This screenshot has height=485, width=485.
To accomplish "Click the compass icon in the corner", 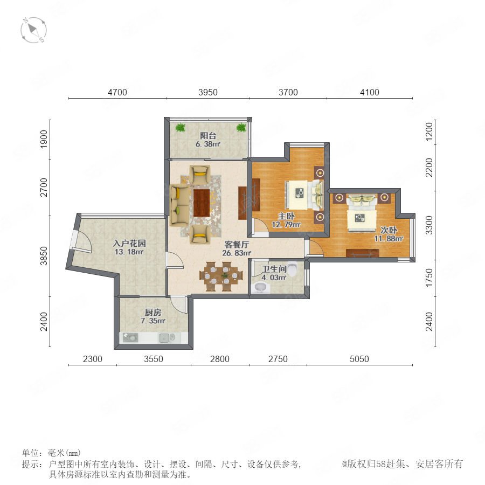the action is (x=34, y=30).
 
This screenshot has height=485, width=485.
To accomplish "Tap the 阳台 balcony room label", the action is (x=208, y=135).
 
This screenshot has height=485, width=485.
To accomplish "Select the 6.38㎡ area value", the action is (x=208, y=144).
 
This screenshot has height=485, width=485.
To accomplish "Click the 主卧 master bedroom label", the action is (x=286, y=216).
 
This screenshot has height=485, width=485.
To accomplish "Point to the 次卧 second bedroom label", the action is (x=389, y=230).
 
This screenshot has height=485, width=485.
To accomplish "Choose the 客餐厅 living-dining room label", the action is (x=237, y=244).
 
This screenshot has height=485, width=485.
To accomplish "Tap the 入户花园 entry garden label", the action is (x=129, y=243).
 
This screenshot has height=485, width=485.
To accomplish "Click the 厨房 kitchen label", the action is (x=153, y=313).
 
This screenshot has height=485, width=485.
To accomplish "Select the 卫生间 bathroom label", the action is (x=274, y=269).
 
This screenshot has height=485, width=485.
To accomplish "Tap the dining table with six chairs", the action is (x=221, y=276).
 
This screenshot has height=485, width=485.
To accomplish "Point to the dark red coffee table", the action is (x=202, y=203).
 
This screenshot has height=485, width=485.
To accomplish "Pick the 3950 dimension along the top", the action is (x=208, y=92).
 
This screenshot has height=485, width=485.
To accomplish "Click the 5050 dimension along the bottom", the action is (x=359, y=359).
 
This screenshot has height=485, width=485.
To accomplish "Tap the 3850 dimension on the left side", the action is (x=44, y=256).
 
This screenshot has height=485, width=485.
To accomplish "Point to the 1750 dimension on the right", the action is (x=429, y=278).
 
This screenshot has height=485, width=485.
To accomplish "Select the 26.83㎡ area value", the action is (x=237, y=253).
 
